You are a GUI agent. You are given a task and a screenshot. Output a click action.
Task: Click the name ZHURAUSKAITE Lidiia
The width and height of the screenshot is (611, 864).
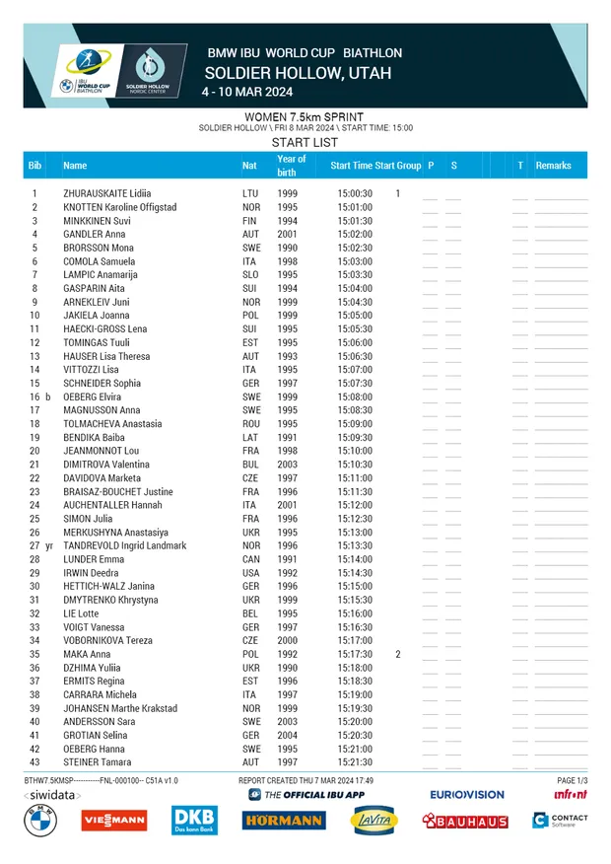pyautogui.click(x=108, y=193)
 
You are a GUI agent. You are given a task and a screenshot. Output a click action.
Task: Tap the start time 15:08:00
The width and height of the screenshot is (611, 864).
pyautogui.click(x=355, y=396)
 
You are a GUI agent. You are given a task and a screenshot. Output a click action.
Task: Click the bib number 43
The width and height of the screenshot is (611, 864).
pyautogui.click(x=34, y=762)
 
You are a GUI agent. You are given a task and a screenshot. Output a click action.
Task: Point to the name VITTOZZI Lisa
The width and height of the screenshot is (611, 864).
pyautogui.click(x=91, y=370)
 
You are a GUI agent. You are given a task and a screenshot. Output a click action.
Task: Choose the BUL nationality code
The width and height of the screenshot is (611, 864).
pyautogui.click(x=251, y=465)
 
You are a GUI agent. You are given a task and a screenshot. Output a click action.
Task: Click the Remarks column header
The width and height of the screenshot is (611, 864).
pyautogui.click(x=553, y=166)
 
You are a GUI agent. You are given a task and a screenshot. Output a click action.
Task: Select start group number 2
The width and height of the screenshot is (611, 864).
pyautogui.click(x=398, y=654)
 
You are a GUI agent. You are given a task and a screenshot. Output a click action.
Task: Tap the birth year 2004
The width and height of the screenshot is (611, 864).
pyautogui.click(x=287, y=736)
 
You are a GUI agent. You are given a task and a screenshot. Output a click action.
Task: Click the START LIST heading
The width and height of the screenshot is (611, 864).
pyautogui.click(x=305, y=143)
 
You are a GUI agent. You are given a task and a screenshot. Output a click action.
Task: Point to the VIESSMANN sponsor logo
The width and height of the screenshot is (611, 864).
pyautogui.click(x=113, y=820)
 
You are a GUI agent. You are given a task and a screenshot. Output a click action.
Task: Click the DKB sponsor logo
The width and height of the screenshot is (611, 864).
pyautogui.click(x=193, y=820)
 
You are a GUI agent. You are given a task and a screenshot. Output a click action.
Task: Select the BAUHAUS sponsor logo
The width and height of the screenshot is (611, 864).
pyautogui.click(x=465, y=821)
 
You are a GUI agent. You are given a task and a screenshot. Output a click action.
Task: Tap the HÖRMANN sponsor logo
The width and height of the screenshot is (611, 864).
pyautogui.click(x=284, y=821)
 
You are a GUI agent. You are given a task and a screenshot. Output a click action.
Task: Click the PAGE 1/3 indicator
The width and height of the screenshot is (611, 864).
pyautogui.click(x=572, y=780)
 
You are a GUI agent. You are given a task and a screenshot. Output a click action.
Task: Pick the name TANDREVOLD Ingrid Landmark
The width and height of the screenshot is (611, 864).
pyautogui.click(x=124, y=545)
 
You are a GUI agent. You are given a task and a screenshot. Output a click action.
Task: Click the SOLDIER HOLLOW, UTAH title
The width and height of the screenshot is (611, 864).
pyautogui.click(x=298, y=73)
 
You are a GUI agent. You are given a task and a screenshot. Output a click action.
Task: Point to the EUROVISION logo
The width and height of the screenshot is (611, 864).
pyautogui.click(x=466, y=794)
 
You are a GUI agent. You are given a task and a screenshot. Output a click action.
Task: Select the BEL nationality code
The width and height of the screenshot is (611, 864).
pyautogui.click(x=250, y=613)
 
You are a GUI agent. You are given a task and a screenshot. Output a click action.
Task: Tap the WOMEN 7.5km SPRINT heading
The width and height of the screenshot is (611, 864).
pyautogui.click(x=305, y=117)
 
